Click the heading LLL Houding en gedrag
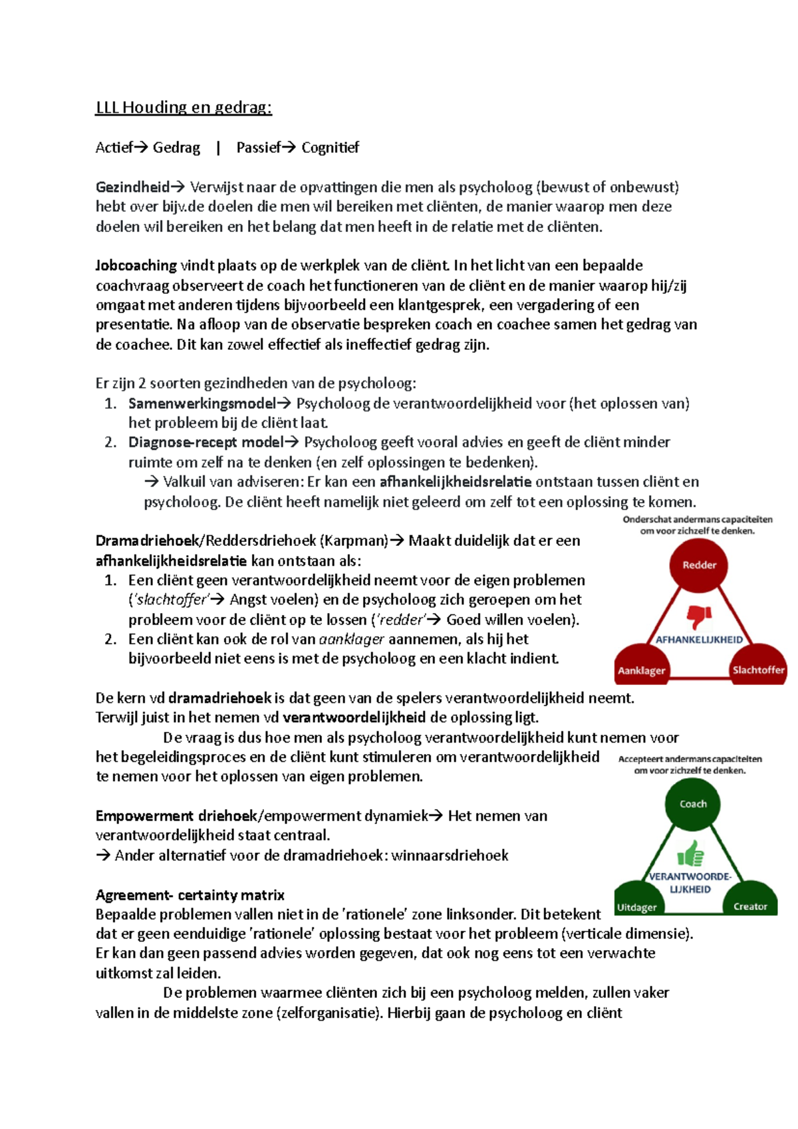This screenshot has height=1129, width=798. click(x=184, y=107)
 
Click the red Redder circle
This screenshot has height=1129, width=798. click(x=698, y=565)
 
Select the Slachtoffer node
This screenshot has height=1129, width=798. click(x=758, y=669)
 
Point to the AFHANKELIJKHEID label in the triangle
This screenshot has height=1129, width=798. click(x=699, y=640)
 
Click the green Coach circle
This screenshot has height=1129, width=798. click(x=693, y=804)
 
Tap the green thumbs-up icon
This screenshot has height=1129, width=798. click(x=690, y=853)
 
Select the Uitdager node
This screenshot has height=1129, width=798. click(x=636, y=906)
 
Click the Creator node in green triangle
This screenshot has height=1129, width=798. click(x=750, y=906)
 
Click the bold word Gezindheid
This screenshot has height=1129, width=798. click(x=132, y=188)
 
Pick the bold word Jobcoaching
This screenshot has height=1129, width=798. click(x=136, y=266)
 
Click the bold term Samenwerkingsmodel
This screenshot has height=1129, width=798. click(x=201, y=404)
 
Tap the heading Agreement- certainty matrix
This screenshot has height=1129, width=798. click(x=190, y=895)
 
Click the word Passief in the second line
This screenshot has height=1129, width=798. click(x=258, y=148)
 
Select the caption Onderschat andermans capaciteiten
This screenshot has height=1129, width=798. click(x=697, y=520)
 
